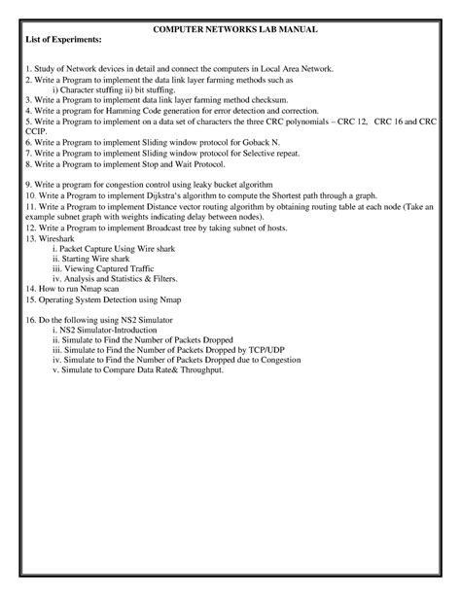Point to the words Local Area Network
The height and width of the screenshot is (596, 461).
(x=295, y=70)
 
